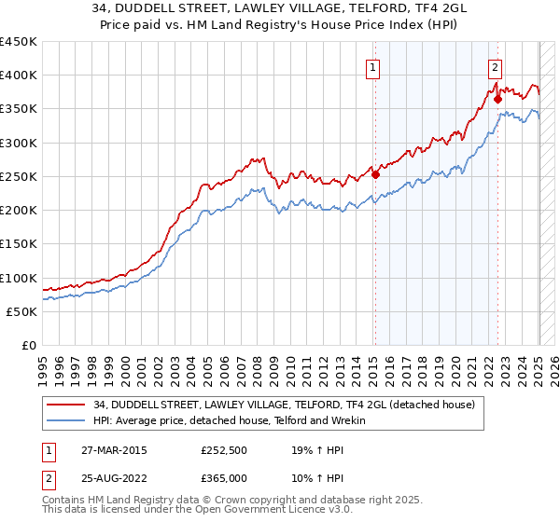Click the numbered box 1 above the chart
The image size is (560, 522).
pos(372,66)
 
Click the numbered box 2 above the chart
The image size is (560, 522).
pos(494,66)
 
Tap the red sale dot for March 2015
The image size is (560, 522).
pos(375,173)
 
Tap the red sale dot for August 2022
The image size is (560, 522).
pos(498,98)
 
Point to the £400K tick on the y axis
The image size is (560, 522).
pos(21,76)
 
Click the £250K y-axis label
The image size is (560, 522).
pos(21,176)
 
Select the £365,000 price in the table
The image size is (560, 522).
pos(224,477)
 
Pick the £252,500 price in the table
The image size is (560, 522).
pos(224,449)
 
